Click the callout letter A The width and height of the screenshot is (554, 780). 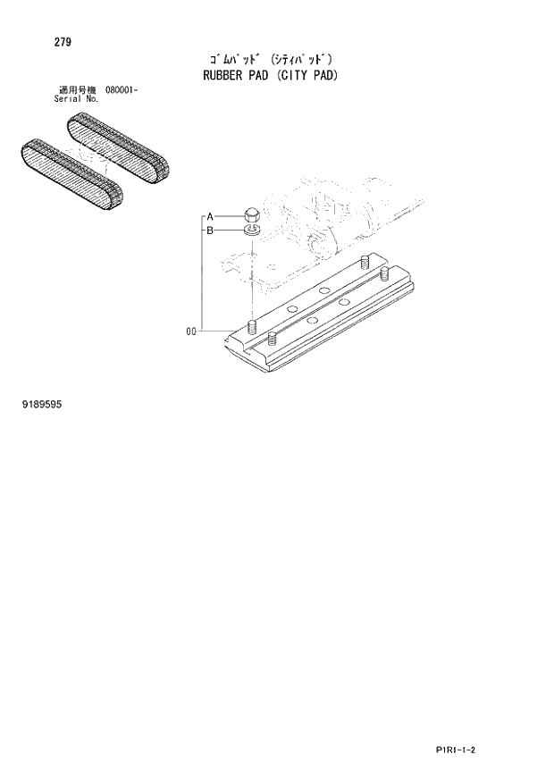[x=209, y=216]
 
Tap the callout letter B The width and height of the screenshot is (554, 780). [x=209, y=231]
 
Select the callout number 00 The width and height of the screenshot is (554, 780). [x=190, y=332]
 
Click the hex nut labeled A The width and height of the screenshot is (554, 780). [x=252, y=215]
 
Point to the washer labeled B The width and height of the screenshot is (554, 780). [x=252, y=231]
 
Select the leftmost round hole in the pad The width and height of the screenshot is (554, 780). [x=291, y=309]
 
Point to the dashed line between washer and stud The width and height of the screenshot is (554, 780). [x=252, y=277]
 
